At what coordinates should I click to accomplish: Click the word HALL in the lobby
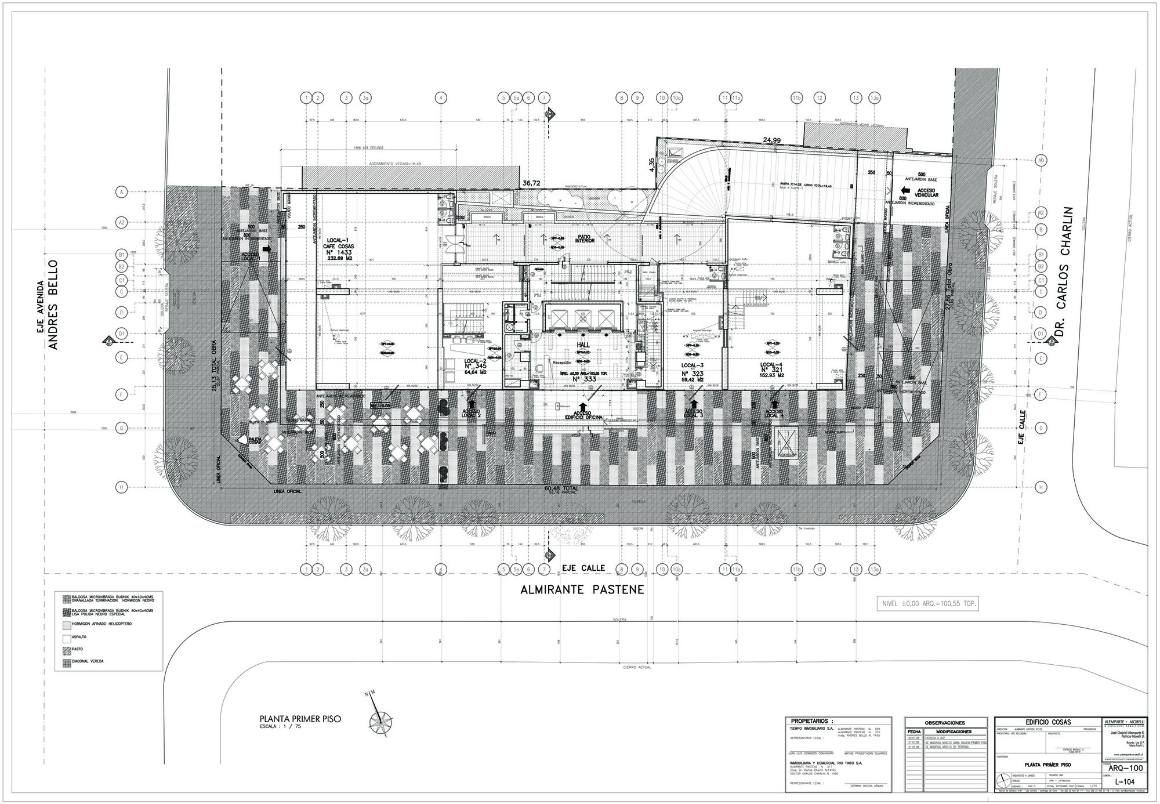tap(583, 345)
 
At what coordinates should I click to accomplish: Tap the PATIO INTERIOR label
tap(585, 239)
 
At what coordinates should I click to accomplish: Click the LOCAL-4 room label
tap(772, 364)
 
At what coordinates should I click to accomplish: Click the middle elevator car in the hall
tap(582, 318)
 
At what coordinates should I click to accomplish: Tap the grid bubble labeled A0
tap(1041, 160)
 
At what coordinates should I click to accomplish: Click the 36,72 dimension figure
tap(531, 183)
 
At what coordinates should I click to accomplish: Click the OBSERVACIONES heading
tap(945, 723)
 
